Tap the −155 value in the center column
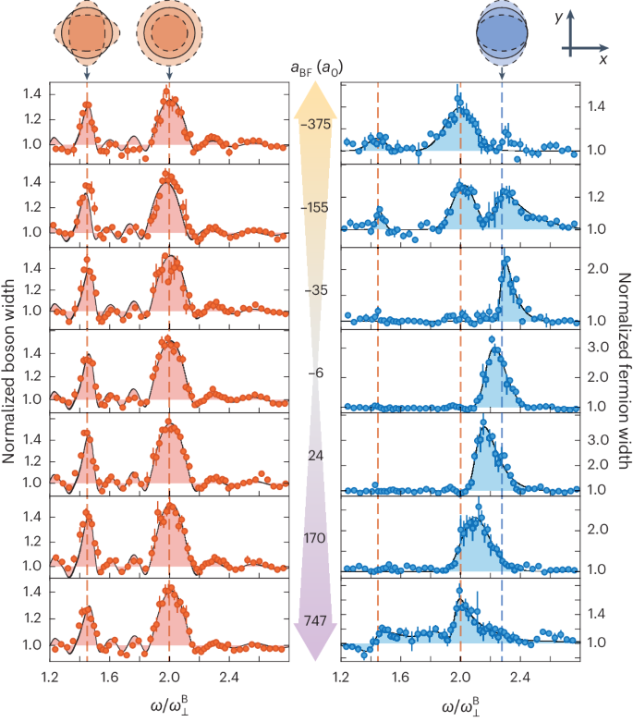316,208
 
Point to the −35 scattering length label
316,290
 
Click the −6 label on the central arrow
316,373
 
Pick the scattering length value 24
316,456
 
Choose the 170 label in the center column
316,539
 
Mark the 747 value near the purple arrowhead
316,622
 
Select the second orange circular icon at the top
166,31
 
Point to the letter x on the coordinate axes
602,57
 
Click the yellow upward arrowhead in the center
316,100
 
